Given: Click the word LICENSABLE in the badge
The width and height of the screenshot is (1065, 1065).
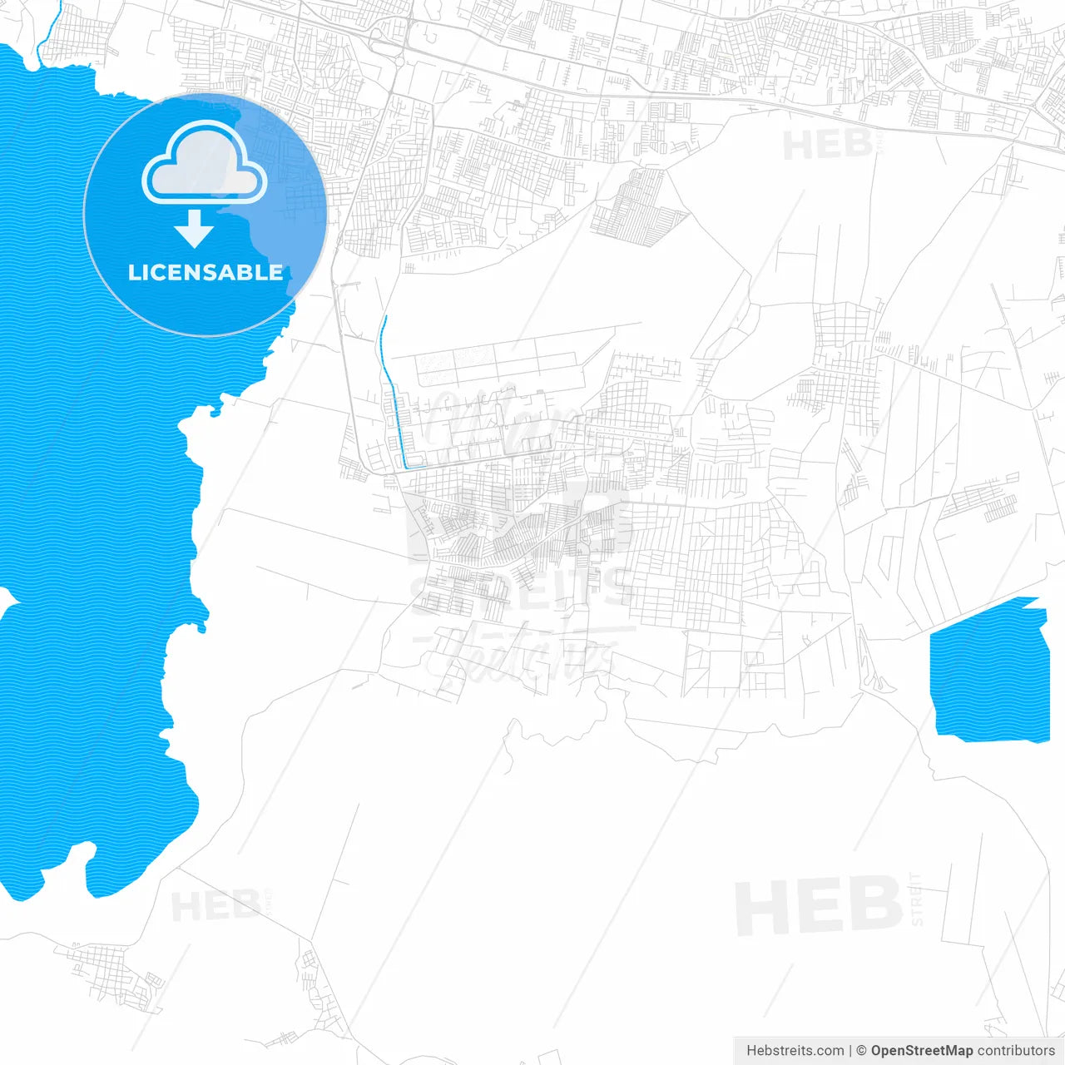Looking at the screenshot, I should (x=206, y=272).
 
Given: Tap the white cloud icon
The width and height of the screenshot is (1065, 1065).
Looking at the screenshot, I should (x=205, y=164).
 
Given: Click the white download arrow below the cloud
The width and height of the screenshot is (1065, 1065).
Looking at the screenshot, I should (x=194, y=229).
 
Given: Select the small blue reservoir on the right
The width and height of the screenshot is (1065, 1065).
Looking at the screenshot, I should (x=988, y=670).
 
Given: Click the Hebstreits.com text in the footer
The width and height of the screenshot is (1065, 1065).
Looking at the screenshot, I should (x=795, y=1051).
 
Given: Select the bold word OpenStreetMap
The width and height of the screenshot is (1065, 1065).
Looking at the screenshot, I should (x=921, y=1051).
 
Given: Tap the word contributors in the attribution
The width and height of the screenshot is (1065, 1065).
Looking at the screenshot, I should (x=1016, y=1051).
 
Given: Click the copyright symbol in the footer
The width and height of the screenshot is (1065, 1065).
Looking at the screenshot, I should (x=862, y=1051).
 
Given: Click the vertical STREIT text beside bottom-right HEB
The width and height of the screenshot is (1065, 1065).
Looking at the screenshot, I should (x=916, y=899).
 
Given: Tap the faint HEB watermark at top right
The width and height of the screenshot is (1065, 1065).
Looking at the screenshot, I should (x=827, y=146).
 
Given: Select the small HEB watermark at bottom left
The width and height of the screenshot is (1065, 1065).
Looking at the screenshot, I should (x=215, y=905).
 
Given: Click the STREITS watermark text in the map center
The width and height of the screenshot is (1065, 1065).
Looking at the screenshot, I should (x=523, y=589).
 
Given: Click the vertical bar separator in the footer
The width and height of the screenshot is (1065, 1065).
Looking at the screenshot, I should (x=850, y=1051).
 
